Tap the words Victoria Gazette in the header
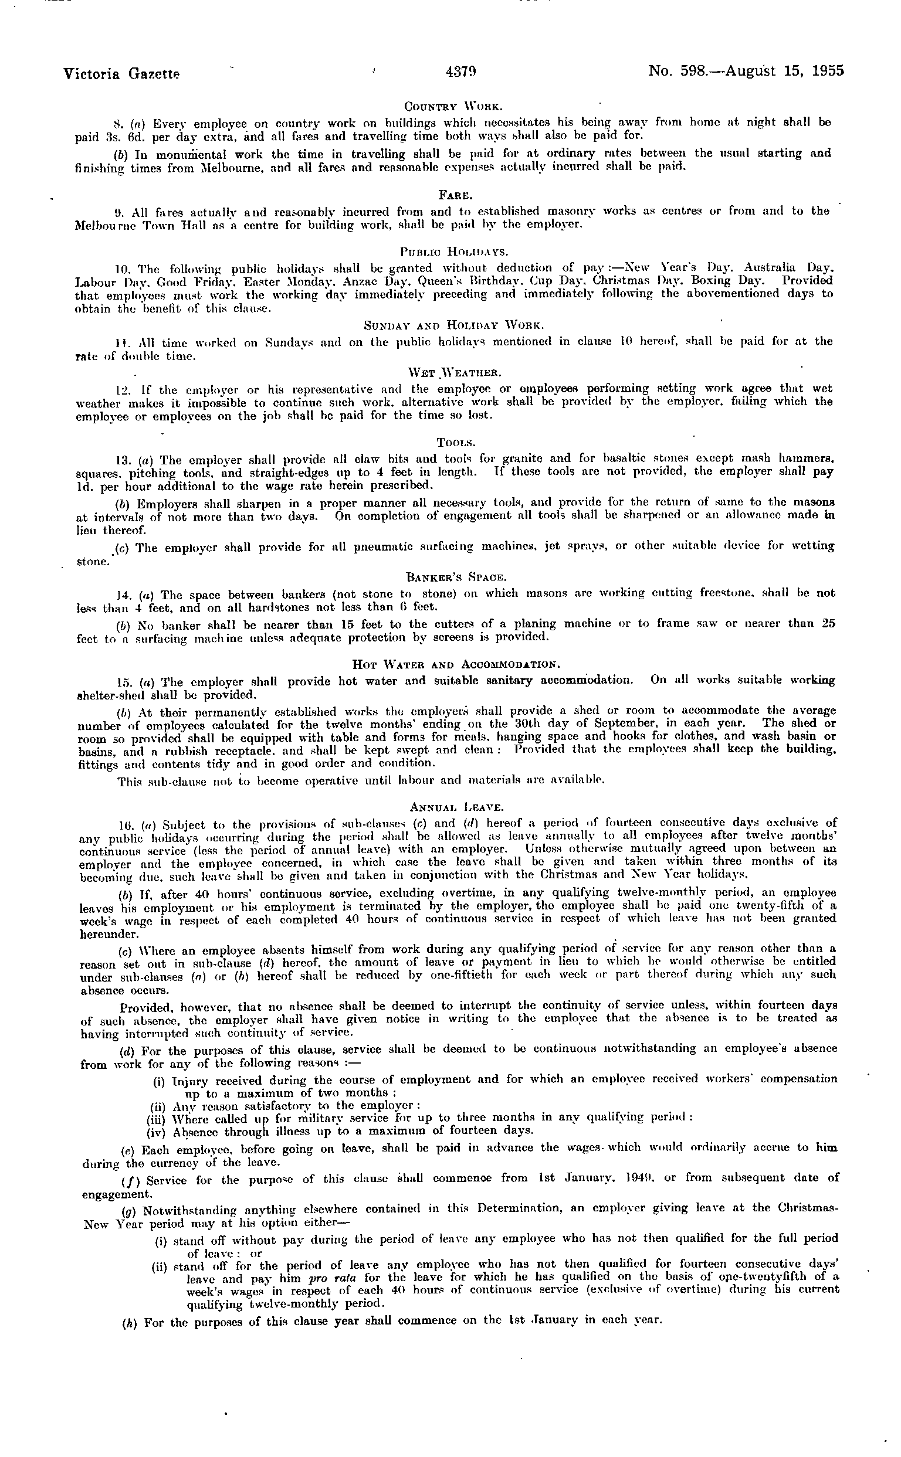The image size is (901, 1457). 121,74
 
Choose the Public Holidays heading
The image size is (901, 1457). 453,252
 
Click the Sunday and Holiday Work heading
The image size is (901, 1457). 453,325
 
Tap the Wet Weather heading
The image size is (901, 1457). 453,373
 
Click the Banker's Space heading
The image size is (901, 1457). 456,576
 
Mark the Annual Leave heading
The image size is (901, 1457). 457,807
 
